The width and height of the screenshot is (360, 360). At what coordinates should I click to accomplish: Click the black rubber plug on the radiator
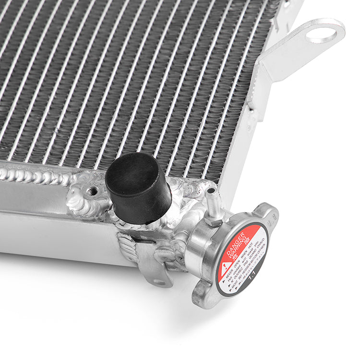click(138, 188)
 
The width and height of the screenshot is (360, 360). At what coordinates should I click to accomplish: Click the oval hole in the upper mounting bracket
click(322, 33)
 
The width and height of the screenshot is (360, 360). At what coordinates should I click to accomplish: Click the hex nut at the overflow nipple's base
click(215, 219)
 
